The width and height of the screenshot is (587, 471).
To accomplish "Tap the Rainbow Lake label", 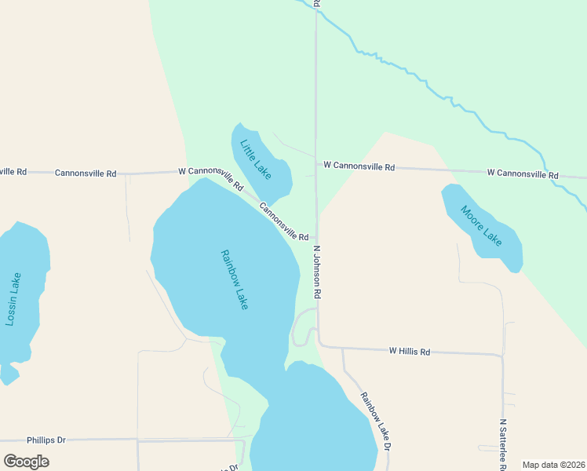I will click(x=235, y=279).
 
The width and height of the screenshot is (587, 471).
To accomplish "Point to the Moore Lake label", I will click(x=480, y=225).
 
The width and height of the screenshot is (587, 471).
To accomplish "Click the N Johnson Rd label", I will click(x=318, y=272).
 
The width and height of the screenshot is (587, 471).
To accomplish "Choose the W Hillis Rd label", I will click(x=410, y=352).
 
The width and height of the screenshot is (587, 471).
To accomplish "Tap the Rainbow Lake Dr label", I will click(x=376, y=420).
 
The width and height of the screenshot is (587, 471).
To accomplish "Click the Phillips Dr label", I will click(x=46, y=440).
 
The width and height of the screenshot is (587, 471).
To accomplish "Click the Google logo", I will click(x=27, y=462).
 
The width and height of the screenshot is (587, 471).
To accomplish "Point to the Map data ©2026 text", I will click(x=552, y=465).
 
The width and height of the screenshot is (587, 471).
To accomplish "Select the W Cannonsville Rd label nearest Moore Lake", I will click(x=522, y=173).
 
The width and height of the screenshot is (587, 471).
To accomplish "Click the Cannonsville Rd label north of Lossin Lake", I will click(x=86, y=172).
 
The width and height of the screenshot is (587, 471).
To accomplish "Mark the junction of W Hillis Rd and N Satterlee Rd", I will click(x=502, y=356).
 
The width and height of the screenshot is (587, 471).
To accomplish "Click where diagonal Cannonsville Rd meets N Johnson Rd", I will click(x=316, y=237).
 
